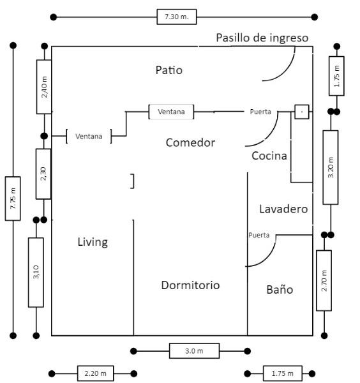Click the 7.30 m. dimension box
177,17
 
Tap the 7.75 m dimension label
13,199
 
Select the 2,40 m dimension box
44,87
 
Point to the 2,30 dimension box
43,174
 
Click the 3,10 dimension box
36,272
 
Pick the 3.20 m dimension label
331,167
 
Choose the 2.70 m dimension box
324,280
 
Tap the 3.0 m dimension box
194,350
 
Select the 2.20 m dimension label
96,373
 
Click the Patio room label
169,70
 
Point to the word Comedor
190,142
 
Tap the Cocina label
269,156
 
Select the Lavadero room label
283,209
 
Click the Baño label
280,289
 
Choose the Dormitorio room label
190,285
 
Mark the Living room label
93,242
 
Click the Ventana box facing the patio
171,112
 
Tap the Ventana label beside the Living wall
89,137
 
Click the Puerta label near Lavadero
259,235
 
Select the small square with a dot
302,112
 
